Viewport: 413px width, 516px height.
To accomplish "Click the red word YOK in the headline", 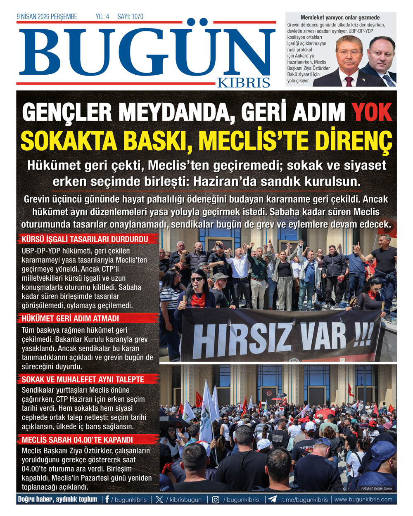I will (x=371, y=112).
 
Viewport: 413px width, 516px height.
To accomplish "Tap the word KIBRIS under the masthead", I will (x=244, y=82).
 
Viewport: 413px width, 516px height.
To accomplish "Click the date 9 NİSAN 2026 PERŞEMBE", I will (x=47, y=17).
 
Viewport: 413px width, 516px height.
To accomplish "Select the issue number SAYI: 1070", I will (x=131, y=17).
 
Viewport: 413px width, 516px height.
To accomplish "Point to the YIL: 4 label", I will (x=102, y=17).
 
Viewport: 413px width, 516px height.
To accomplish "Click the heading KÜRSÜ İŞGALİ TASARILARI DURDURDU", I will (x=85, y=239).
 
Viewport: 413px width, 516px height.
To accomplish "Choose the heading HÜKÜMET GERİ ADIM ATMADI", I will (x=70, y=319).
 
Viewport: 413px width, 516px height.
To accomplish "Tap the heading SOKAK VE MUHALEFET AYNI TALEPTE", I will (x=83, y=379).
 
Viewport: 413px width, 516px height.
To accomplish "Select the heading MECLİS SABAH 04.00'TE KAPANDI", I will (x=77, y=440).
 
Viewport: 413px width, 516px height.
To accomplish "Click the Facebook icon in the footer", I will (x=107, y=499).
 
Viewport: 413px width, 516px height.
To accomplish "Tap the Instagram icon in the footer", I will (x=216, y=499).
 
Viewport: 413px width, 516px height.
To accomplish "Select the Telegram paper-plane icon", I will (x=273, y=499).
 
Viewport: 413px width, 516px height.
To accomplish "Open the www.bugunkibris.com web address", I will (x=363, y=499).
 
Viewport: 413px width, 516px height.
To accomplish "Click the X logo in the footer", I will (x=159, y=499).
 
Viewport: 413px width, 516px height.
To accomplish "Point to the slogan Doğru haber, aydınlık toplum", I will (x=57, y=499).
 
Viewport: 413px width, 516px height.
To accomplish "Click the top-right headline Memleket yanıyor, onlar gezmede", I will (x=340, y=17).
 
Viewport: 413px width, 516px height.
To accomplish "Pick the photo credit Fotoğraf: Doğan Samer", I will (x=377, y=488).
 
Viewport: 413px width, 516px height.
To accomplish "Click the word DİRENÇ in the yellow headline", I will (x=353, y=141).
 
